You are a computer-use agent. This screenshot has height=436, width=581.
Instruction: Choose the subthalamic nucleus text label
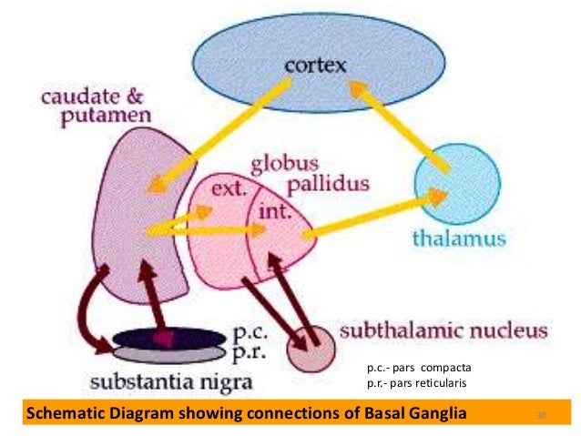tap(443, 329)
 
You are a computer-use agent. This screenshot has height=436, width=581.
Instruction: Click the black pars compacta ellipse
tap(168, 337)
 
